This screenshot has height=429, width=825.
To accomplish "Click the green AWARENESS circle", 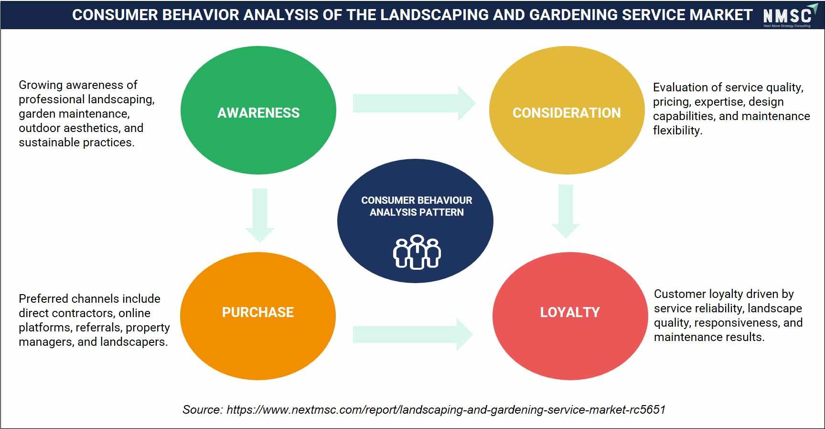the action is [x=258, y=110].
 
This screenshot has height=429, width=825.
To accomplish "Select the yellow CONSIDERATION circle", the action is [x=567, y=110].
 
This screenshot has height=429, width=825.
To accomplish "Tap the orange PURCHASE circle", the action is [x=258, y=316].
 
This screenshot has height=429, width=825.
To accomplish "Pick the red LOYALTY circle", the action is [x=570, y=316].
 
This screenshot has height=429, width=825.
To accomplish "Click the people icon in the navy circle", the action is [x=417, y=252].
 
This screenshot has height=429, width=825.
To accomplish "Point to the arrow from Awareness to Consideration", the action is [x=414, y=103].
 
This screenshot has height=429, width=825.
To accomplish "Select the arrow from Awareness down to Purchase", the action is [x=259, y=215].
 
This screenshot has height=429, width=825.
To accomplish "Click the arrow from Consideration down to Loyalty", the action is [x=566, y=211].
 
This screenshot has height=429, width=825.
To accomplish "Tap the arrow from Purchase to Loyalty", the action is [x=413, y=334].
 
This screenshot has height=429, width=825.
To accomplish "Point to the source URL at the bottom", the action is [x=446, y=410].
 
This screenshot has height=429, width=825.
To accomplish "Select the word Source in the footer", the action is [x=202, y=410].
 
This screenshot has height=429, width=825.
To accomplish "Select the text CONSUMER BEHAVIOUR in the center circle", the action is [x=417, y=200].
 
